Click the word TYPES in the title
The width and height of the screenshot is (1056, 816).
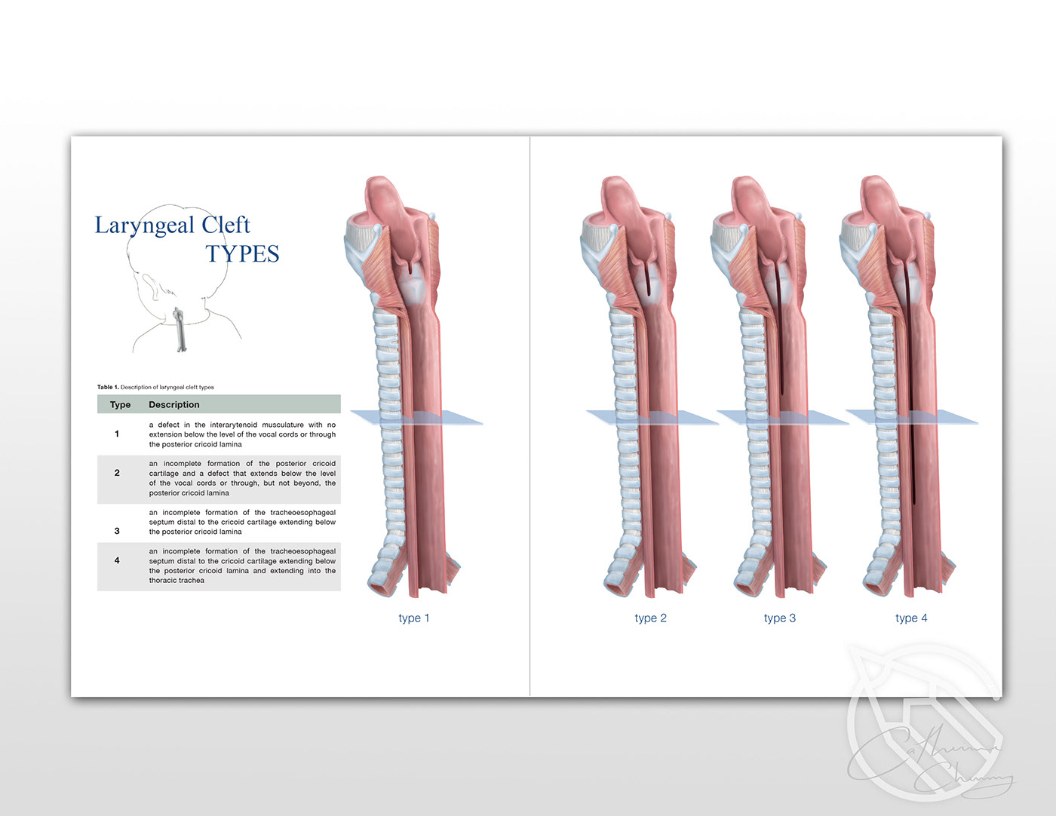[242, 254]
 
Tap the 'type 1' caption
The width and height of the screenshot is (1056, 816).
[413, 618]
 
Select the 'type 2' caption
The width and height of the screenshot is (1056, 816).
[650, 618]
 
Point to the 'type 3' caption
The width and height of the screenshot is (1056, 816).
[779, 618]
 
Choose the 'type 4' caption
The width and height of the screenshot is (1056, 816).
[911, 618]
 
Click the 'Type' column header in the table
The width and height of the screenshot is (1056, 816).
[120, 405]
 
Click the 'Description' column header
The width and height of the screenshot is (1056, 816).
[174, 405]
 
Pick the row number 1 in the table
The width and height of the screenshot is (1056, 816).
[117, 434]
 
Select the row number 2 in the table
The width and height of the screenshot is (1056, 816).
[117, 473]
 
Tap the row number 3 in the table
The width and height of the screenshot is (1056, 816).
[117, 531]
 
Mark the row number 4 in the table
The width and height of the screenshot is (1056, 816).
[117, 560]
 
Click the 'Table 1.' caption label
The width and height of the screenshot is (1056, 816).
[108, 388]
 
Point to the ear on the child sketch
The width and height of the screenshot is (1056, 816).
[148, 286]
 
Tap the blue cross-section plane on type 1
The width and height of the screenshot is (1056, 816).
[460, 418]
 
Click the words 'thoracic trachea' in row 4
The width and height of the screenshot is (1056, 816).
[177, 581]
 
